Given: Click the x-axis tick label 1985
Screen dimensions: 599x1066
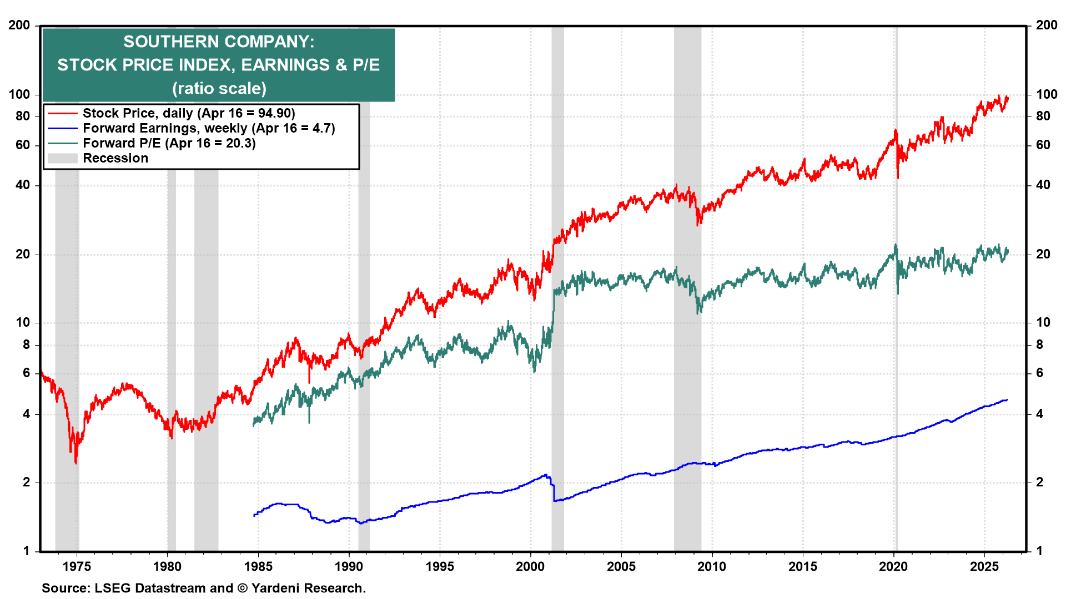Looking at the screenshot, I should click(258, 566).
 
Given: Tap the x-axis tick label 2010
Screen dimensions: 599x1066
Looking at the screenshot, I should click(712, 566).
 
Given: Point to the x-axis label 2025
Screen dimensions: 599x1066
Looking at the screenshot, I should click(984, 566).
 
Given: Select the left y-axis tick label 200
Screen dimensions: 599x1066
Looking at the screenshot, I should click(19, 25).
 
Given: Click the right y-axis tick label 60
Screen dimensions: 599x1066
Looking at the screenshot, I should click(1043, 145).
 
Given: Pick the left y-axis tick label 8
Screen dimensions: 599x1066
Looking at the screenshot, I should click(26, 344).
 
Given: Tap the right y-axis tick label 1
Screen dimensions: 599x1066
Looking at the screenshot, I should click(1040, 551).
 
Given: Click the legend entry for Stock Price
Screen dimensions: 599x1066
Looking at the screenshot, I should click(189, 113).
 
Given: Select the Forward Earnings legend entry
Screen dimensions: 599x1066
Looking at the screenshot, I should click(209, 128).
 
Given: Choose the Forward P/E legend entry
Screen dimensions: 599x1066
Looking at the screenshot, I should click(169, 143).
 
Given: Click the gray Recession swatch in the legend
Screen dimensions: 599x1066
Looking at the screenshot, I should click(62, 159).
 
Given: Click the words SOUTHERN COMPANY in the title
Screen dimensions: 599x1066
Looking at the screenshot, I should click(219, 42).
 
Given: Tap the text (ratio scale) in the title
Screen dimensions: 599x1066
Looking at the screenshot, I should click(219, 88).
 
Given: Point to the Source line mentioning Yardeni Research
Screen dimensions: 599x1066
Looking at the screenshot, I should click(204, 588).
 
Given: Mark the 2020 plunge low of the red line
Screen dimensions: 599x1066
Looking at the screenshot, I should click(898, 177).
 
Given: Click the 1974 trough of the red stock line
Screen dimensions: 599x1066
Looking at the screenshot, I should click(76, 462).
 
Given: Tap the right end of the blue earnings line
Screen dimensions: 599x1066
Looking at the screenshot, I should click(1007, 399).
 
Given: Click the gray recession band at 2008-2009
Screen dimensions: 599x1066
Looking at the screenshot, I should click(687, 333).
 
